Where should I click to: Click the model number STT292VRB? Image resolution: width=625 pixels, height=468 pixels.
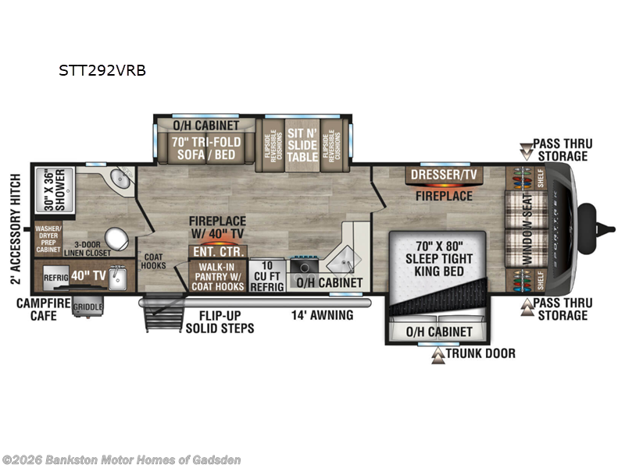(x=102, y=70)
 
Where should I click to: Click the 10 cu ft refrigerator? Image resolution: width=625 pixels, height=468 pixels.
(x=267, y=275)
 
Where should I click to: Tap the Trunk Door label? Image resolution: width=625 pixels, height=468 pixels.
(x=478, y=353)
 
